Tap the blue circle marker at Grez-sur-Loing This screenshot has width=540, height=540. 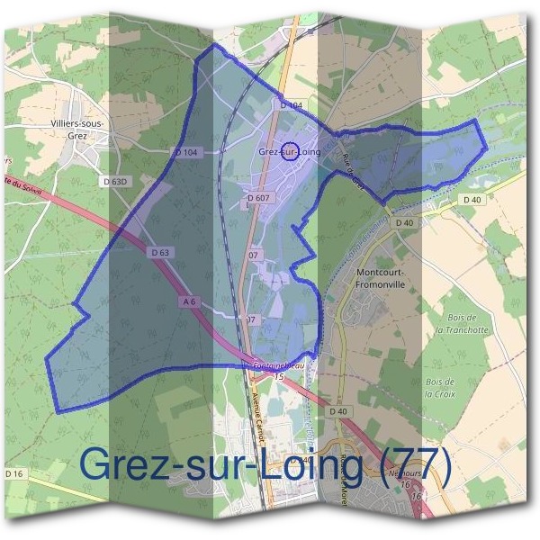[289, 151]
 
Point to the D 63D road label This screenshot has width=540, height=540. [117, 182]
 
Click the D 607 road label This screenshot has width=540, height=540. [257, 197]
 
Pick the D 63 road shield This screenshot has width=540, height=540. [160, 253]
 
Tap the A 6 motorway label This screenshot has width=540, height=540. [189, 302]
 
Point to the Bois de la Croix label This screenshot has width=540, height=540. [440, 387]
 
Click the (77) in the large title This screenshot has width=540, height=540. [415, 464]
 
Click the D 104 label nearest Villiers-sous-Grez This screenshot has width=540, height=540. [187, 152]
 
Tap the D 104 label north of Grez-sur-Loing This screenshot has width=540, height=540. [291, 106]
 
